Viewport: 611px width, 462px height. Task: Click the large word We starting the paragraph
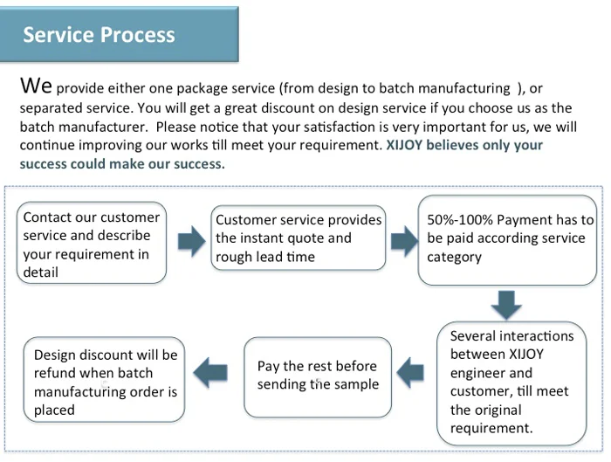pos(37,86)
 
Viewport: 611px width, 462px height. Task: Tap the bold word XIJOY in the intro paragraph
pos(408,146)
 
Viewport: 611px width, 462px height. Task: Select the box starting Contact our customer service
pos(92,244)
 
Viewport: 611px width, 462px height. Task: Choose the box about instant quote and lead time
pos(299,238)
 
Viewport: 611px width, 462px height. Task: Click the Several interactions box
pos(512,382)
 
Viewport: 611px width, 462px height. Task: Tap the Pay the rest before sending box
pos(317,376)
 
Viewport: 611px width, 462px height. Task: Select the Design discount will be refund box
pos(105,382)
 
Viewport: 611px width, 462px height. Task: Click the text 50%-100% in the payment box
pos(459,220)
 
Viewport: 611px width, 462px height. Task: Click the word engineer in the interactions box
pos(478,373)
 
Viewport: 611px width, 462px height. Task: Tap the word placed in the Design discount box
pos(54,410)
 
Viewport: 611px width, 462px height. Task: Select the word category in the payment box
pos(454,257)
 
